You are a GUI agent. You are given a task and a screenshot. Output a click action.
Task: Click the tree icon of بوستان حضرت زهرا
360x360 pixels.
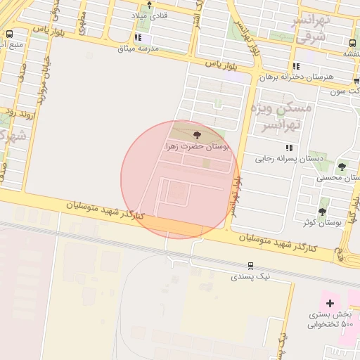tap(195, 134)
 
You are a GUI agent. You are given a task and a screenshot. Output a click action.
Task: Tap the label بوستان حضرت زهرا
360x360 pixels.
tap(198, 146)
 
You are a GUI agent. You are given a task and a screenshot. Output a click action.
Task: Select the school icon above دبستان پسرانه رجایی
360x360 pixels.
tap(288, 148)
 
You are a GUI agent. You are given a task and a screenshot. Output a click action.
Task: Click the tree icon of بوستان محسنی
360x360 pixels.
tap(342, 167)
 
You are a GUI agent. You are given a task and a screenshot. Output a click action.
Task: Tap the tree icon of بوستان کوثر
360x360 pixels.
tap(323, 211)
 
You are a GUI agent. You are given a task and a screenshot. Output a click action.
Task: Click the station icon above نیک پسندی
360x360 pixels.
tap(250, 265)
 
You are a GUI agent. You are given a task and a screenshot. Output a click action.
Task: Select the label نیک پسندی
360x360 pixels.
tap(250, 276)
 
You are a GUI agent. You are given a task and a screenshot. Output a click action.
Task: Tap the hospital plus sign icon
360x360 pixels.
tap(330, 302)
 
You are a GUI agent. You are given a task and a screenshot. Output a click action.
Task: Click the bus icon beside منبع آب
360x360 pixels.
tap(9, 34)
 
